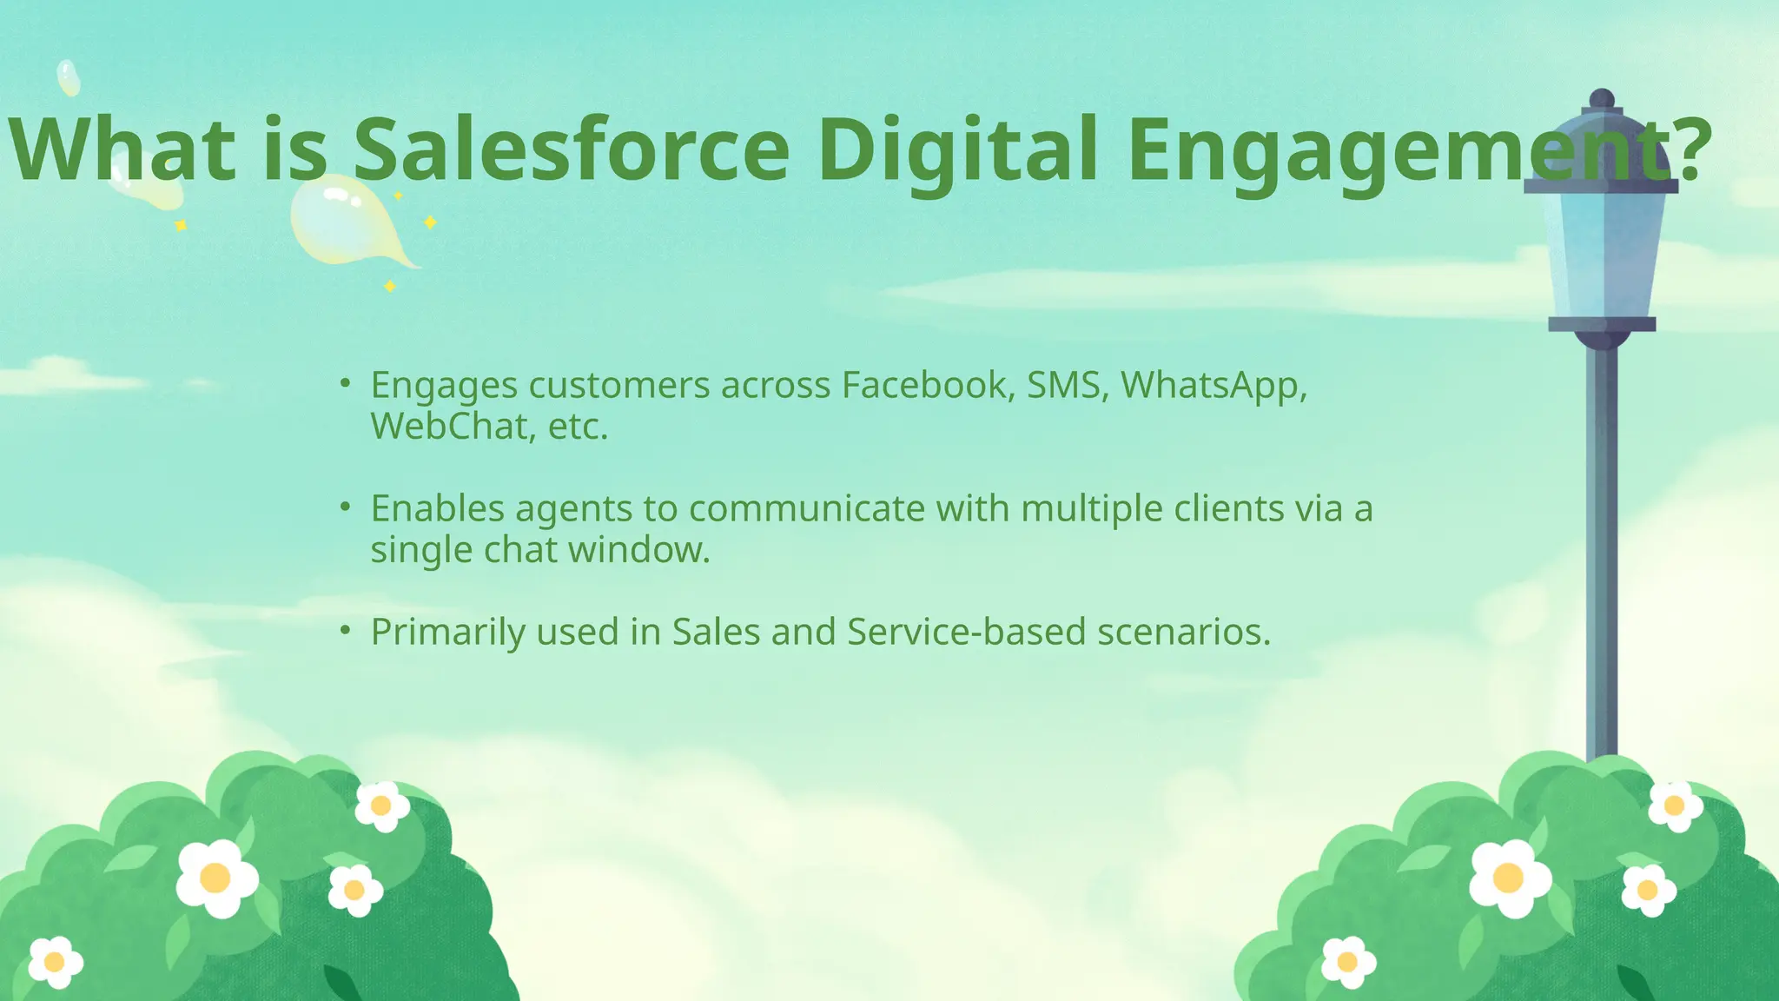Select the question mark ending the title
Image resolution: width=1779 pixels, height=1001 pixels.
tap(1693, 149)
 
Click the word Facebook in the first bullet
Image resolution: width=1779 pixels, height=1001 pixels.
tap(924, 385)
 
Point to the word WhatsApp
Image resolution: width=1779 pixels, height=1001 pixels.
tap(1213, 385)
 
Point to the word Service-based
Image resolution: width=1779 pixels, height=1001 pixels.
tap(966, 632)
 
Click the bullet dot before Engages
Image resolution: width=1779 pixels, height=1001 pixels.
tap(345, 382)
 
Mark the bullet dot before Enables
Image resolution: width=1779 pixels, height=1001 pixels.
tap(345, 506)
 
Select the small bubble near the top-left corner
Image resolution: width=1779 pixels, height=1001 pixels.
tap(68, 77)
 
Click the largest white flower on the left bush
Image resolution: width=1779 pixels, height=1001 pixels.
tap(216, 878)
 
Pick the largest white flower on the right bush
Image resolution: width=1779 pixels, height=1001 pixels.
tap(1510, 878)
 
